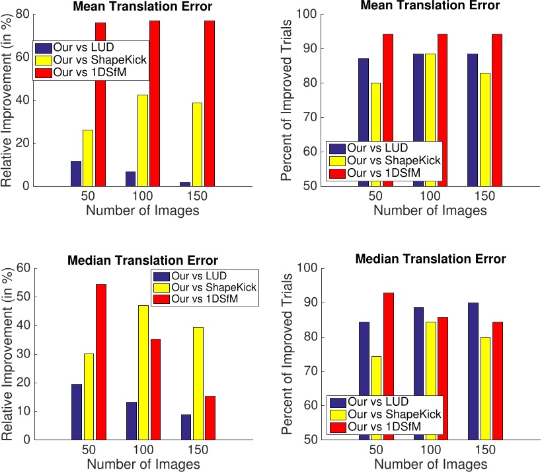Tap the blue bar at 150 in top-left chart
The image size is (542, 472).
185,183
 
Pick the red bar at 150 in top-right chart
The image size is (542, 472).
497,110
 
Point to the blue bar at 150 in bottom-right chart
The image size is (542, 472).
473,371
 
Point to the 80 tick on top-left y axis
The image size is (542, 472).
22,15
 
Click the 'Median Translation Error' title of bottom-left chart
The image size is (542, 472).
143,260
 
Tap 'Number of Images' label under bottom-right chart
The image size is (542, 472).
430,465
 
